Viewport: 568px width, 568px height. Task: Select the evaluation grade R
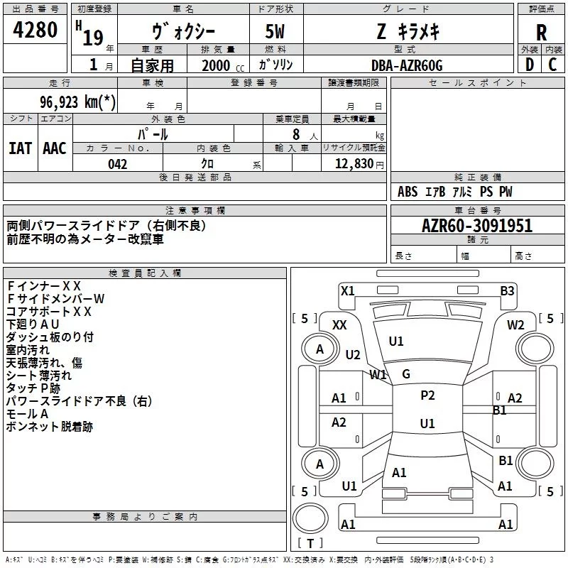point(541,33)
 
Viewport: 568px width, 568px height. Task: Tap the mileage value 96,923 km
point(78,102)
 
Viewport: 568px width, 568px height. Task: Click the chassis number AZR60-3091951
point(477,226)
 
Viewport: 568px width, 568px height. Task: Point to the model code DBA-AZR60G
point(406,65)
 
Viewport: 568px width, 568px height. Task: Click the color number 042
point(117,164)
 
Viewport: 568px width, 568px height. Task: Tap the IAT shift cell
point(20,148)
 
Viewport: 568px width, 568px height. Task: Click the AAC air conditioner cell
point(54,148)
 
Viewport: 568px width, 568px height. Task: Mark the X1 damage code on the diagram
point(347,290)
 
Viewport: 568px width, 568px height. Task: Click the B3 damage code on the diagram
point(507,290)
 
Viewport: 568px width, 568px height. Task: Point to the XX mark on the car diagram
point(339,324)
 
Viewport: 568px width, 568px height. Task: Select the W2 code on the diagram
point(515,324)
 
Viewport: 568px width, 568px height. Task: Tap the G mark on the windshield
point(405,374)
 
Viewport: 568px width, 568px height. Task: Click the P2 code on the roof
point(427,395)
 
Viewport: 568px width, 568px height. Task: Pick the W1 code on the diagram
point(378,374)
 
